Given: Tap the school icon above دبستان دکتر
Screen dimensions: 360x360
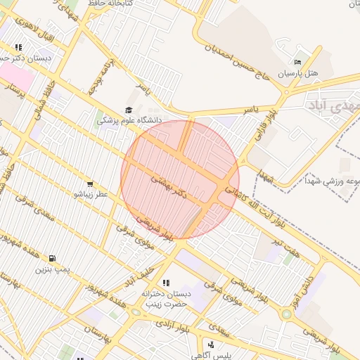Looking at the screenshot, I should click(18, 47).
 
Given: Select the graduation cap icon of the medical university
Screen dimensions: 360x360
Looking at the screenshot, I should click(128, 110).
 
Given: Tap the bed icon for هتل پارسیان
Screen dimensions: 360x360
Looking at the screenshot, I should click(297, 62).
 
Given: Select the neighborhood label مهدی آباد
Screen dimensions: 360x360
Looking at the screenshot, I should click(330, 105).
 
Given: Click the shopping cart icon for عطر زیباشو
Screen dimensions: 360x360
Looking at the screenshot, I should click(89, 184).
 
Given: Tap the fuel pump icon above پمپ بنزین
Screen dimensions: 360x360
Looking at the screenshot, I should click(53, 258).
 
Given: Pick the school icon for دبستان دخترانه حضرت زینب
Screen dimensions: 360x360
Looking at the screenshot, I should click(166, 283).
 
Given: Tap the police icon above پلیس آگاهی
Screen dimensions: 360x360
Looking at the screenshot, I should click(210, 345).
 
